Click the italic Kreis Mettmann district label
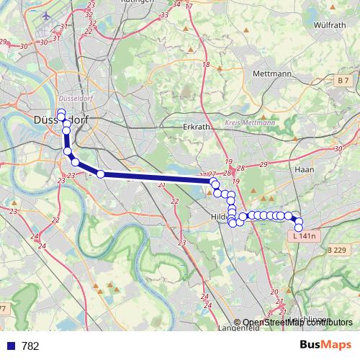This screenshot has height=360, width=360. point(251,123)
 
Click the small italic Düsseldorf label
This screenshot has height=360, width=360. point(71,98)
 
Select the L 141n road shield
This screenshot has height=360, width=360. point(306,236)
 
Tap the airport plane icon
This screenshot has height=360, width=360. point(48,15)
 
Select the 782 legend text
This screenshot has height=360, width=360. point(30,346)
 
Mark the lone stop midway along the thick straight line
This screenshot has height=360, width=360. point(101,174)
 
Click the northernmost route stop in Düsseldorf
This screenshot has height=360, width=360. point(60,112)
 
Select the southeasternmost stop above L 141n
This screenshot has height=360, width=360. point(299,228)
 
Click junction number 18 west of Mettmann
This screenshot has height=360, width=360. point(206,65)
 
